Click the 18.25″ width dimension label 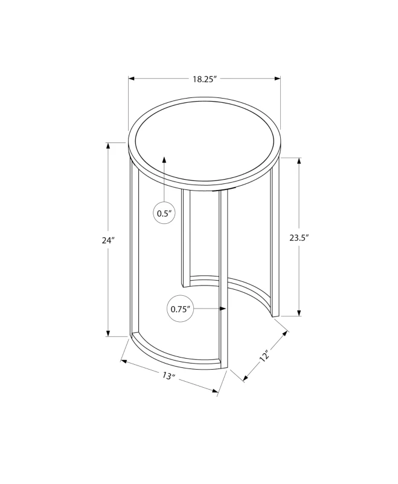(205, 79)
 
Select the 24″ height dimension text (108, 240)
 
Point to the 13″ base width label (169, 376)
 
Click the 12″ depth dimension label (265, 356)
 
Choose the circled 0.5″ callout (164, 213)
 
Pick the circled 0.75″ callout (180, 309)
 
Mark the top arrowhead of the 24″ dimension (108, 146)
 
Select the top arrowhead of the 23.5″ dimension (299, 161)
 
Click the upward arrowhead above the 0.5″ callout (164, 160)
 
